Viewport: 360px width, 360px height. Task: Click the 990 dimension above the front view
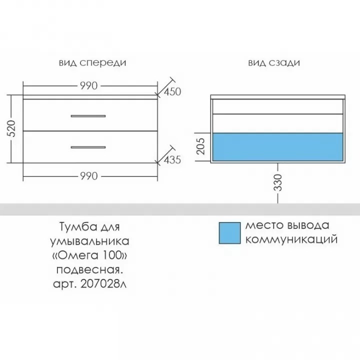coord(89,86)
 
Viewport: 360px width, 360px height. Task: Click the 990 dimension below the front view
coord(89,176)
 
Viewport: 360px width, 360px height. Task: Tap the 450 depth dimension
coord(172,92)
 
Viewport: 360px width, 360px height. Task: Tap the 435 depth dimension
coord(172,160)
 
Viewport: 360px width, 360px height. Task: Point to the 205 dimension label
coord(200,146)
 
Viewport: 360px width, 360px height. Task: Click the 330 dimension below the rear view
coord(278,183)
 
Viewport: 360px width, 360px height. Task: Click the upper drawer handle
coord(88,116)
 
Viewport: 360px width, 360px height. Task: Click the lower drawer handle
coord(88,147)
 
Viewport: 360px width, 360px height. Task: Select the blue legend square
coord(229,233)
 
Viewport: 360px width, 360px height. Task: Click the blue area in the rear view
coord(278,147)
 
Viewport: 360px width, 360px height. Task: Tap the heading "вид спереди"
coord(92,63)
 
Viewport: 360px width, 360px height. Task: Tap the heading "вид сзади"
coord(274,63)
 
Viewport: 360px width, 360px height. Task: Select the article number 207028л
coord(103,284)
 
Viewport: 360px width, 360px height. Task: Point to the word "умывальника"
coord(90,241)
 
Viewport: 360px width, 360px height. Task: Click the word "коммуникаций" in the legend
coord(291,239)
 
